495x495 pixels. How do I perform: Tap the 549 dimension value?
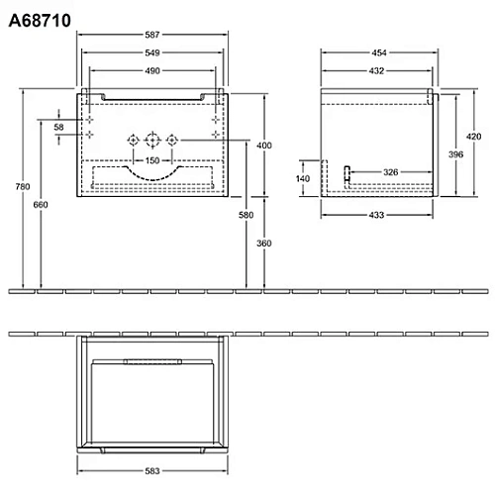(x=153, y=52)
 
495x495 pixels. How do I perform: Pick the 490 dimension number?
(x=153, y=70)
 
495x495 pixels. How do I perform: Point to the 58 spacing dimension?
(x=58, y=128)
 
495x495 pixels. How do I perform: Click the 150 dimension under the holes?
(x=151, y=159)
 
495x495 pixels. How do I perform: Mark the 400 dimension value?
(x=263, y=146)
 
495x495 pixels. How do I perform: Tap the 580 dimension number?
(x=247, y=215)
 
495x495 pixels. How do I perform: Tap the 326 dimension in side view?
(x=391, y=172)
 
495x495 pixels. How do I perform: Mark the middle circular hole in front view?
(x=151, y=140)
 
